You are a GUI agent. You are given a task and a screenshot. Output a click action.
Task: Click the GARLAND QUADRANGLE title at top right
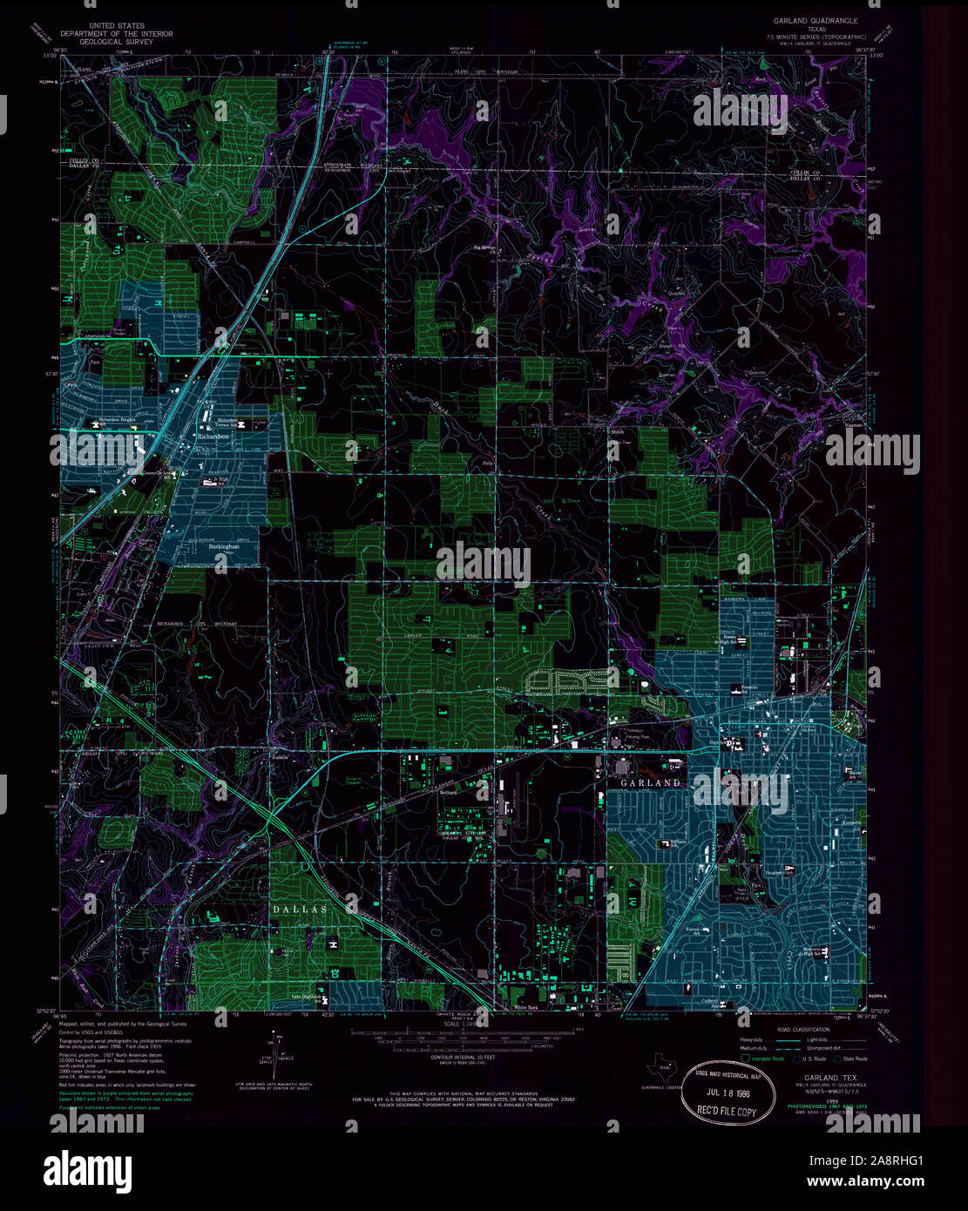[x=815, y=19]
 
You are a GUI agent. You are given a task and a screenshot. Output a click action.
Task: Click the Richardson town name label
[x=213, y=436]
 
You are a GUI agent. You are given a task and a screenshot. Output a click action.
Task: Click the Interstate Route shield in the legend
[x=745, y=1059]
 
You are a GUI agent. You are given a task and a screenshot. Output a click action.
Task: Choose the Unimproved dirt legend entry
[x=823, y=1049]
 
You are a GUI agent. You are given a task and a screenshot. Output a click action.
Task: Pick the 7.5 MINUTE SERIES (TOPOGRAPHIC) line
[x=815, y=37]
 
